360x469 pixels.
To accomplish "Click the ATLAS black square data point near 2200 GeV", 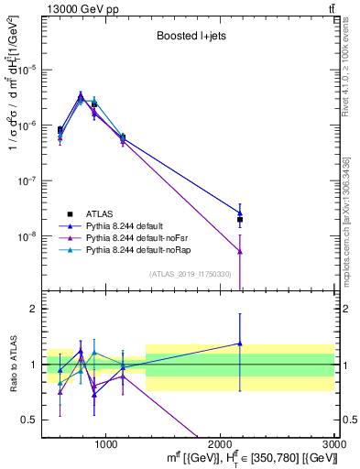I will (240, 220).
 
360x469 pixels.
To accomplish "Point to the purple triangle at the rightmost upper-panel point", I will (240, 252).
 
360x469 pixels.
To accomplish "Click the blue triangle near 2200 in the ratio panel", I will (240, 344).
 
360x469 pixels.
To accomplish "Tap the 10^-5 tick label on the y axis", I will (28, 70).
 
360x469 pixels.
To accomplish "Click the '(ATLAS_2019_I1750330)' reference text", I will (190, 274).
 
